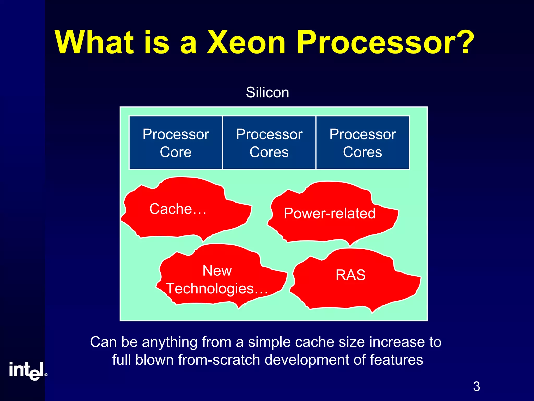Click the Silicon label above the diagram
point(268,92)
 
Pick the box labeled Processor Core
point(176,143)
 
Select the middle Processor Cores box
point(269,143)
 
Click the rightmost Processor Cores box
point(362,143)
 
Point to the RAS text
point(351,275)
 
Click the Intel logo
point(26,371)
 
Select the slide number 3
point(476,387)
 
